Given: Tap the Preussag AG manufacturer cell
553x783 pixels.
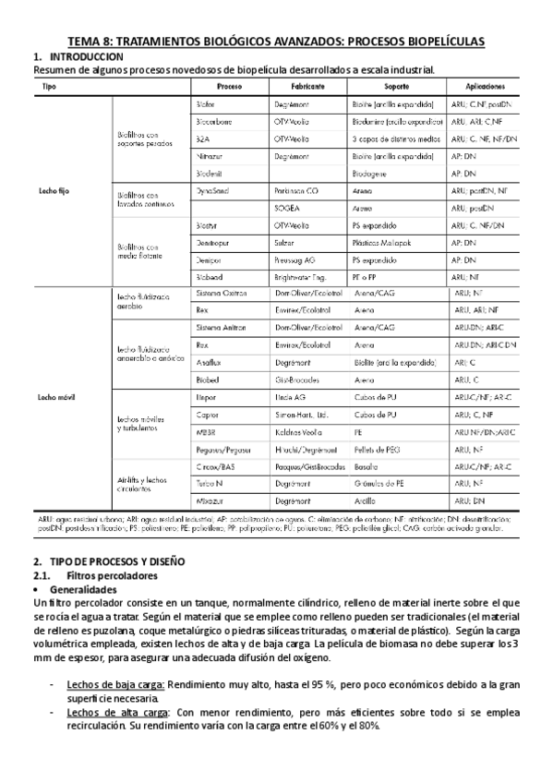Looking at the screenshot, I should click(296, 259).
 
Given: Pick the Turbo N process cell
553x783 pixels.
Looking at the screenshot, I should click(210, 483).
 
